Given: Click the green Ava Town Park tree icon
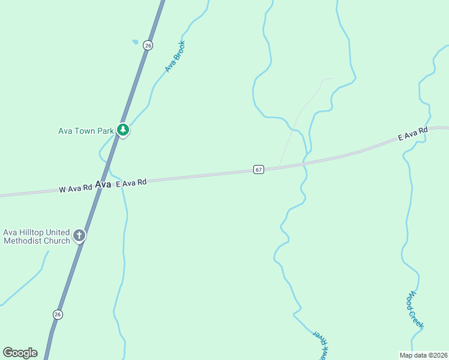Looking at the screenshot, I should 123,130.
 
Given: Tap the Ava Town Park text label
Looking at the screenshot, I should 85,130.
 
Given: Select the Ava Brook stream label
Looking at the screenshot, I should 175,56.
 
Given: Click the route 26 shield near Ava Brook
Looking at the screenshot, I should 148,45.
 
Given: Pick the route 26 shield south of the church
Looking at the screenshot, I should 58,314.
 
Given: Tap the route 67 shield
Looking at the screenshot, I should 258,169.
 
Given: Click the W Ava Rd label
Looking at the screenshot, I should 75,188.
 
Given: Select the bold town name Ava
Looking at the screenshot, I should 103,185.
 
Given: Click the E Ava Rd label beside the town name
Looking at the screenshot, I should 130,182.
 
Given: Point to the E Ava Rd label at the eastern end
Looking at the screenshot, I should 412,134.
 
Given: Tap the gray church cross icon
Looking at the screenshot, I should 79,236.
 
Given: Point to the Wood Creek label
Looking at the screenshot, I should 415,310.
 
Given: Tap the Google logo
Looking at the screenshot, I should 20,353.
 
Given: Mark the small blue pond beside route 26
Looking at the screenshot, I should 135,42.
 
